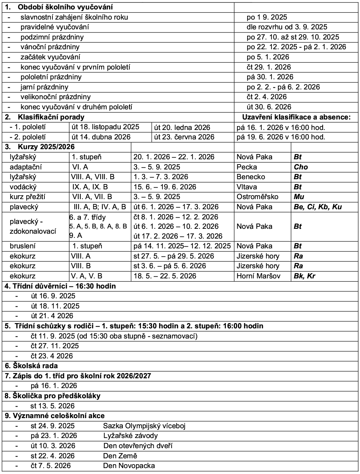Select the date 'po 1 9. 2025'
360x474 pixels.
(267, 17)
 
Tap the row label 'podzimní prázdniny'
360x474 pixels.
(52, 37)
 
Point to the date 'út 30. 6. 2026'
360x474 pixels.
(269, 107)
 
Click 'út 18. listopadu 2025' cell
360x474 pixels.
(105, 127)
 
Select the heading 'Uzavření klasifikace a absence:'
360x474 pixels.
(296, 117)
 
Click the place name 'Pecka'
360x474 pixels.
(246, 167)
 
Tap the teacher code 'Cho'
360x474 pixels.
(301, 167)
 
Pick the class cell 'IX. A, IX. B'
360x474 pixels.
(90, 187)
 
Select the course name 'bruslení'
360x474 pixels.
(23, 246)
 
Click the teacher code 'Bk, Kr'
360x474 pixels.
(304, 276)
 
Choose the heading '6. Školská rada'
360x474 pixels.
(31, 366)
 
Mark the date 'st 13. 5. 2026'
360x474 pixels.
(53, 406)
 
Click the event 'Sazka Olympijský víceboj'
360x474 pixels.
(144, 426)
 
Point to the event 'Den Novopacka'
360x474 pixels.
(129, 466)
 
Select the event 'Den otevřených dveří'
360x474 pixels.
(138, 446)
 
